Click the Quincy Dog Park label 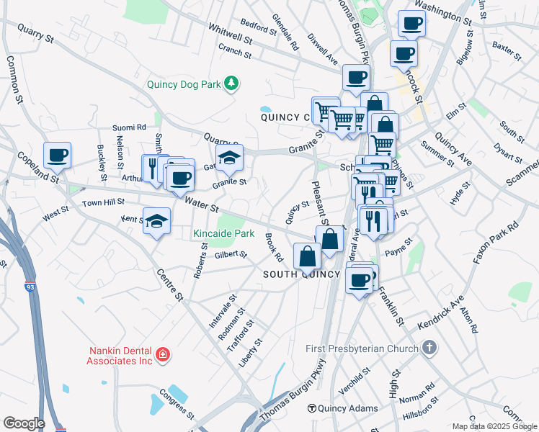tap(183, 84)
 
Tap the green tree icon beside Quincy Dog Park tap(231, 84)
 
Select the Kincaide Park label tap(223, 234)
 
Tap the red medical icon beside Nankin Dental tap(164, 354)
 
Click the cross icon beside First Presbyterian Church tap(429, 349)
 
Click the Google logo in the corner tap(23, 423)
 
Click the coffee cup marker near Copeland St tap(58, 155)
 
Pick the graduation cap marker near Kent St tap(156, 222)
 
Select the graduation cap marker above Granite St tap(229, 160)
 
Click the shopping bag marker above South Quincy tap(307, 256)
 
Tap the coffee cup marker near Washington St tap(411, 23)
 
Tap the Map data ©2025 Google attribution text tap(494, 426)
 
